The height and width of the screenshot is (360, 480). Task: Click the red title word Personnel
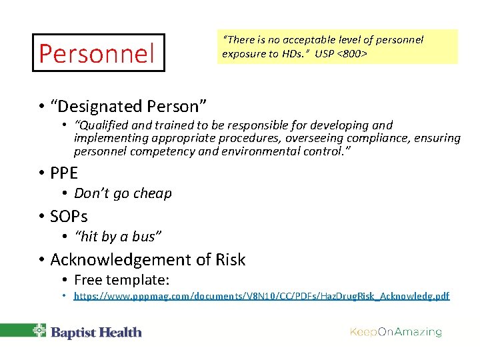[x=97, y=53]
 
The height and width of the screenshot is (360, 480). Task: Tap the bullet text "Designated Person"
[x=128, y=106]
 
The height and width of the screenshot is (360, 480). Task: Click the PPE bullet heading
[x=64, y=173]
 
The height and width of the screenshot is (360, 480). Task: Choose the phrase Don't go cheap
[x=123, y=193]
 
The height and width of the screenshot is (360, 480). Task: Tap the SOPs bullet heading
[x=69, y=217]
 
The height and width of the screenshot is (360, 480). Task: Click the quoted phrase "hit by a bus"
[x=118, y=236]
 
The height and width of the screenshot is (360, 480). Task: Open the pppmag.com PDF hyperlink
[x=261, y=296]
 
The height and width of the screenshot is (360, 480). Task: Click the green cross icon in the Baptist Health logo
[x=40, y=331]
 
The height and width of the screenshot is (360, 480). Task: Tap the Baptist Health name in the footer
[x=97, y=332]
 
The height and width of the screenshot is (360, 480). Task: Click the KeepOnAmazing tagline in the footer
[x=396, y=332]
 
